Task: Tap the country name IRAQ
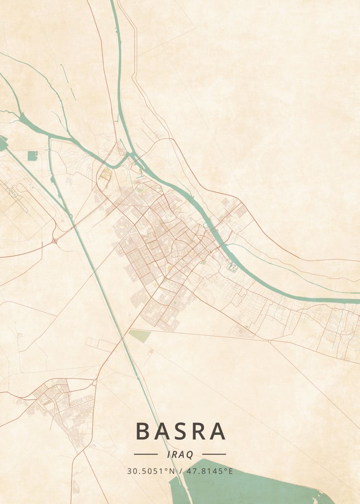click(x=180, y=454)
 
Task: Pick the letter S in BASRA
click(x=180, y=431)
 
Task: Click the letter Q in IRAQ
click(x=190, y=455)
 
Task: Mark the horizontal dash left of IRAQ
click(x=146, y=454)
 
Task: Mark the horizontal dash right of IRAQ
click(x=214, y=454)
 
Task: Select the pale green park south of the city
click(x=140, y=335)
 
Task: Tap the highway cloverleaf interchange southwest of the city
click(x=55, y=241)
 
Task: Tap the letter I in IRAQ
click(x=168, y=455)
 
